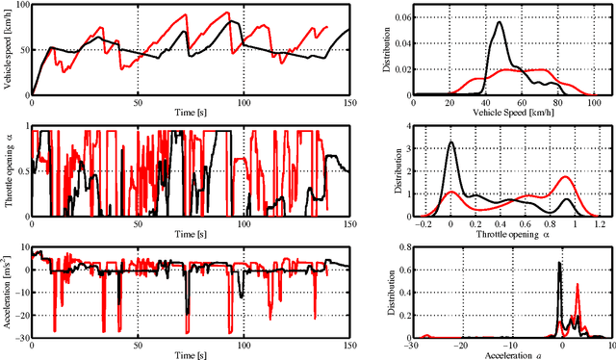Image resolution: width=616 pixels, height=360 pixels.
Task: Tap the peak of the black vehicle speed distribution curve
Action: point(500,24)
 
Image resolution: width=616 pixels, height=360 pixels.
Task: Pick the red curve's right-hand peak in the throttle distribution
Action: point(565,177)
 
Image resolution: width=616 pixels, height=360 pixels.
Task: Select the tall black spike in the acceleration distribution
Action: point(561,263)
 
